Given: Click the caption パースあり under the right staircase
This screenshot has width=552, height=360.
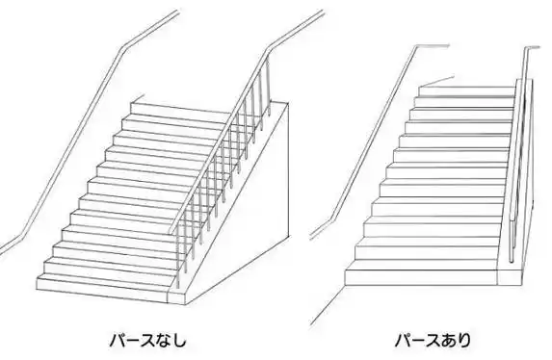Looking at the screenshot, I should [x=433, y=340].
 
